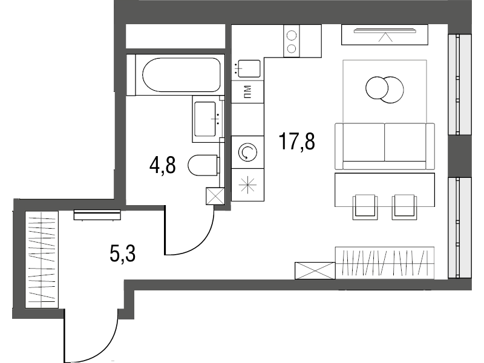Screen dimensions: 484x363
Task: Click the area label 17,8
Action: [x=296, y=142]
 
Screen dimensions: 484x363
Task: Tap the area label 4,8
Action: [x=162, y=165]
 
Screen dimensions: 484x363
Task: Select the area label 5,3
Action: [x=123, y=254]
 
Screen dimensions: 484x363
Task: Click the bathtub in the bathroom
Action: [x=181, y=75]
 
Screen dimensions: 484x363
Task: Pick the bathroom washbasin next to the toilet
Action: [x=208, y=119]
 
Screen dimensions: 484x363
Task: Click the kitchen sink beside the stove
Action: [x=247, y=68]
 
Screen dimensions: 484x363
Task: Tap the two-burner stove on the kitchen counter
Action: [x=292, y=41]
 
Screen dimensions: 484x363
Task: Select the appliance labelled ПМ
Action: [x=247, y=92]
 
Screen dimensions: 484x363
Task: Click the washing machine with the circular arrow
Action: [x=247, y=152]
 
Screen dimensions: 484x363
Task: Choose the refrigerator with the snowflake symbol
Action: [x=247, y=185]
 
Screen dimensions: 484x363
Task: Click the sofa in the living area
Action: [x=385, y=146]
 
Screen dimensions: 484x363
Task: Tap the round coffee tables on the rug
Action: [x=385, y=90]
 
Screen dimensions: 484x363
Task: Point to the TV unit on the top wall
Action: [x=385, y=34]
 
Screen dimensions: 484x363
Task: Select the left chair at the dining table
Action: [x=365, y=207]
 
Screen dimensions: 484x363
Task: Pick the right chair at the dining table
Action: [x=404, y=207]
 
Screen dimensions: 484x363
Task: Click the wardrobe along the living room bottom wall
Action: [x=385, y=263]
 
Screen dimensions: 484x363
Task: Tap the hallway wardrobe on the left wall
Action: [x=42, y=260]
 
